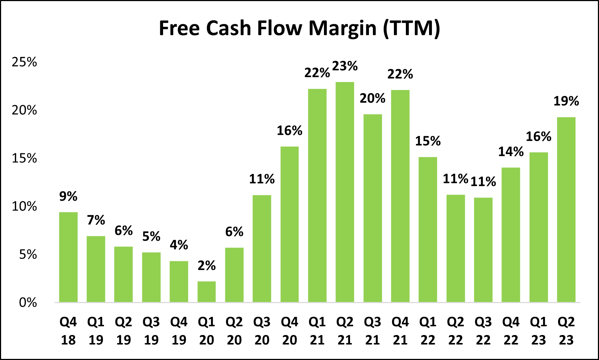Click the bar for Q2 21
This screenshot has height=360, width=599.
(x=345, y=192)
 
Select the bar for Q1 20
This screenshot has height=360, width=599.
(x=207, y=292)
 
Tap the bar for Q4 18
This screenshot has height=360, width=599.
(x=68, y=257)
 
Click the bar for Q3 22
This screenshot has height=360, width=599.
(x=483, y=250)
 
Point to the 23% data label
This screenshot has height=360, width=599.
(x=345, y=66)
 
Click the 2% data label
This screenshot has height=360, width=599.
(x=207, y=265)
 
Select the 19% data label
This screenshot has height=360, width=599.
(x=566, y=101)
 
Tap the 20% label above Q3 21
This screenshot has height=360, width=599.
(x=372, y=98)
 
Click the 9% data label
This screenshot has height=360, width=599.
(x=68, y=196)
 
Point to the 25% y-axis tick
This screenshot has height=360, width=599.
(x=24, y=62)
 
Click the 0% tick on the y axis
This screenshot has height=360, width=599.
(x=28, y=302)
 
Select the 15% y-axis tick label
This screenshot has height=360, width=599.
(x=24, y=158)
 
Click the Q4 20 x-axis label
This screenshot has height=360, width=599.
(x=290, y=331)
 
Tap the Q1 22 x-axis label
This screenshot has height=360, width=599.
(x=428, y=331)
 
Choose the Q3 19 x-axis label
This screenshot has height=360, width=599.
(x=151, y=331)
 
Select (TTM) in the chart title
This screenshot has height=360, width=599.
(x=411, y=28)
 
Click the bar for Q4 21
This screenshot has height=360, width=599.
(x=400, y=196)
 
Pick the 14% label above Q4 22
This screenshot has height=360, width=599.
(x=511, y=152)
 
